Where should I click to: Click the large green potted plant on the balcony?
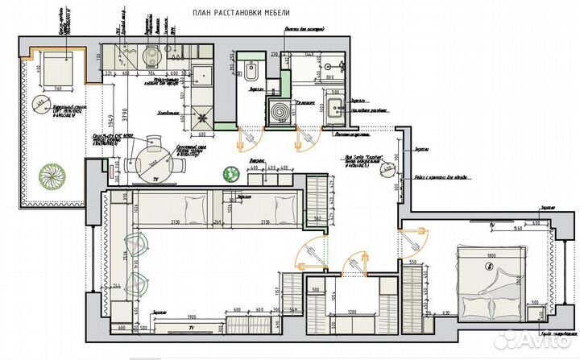click(57, 176)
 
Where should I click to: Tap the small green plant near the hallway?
click(231, 172)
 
